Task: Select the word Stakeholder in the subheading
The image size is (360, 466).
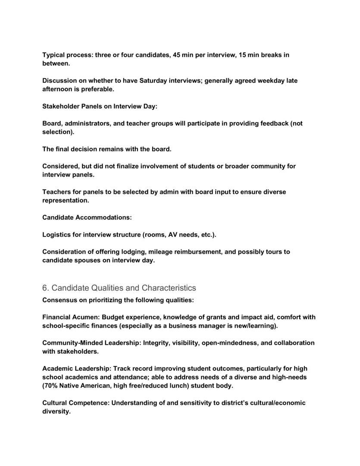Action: coord(61,106)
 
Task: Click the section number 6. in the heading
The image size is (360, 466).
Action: coord(45,288)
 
